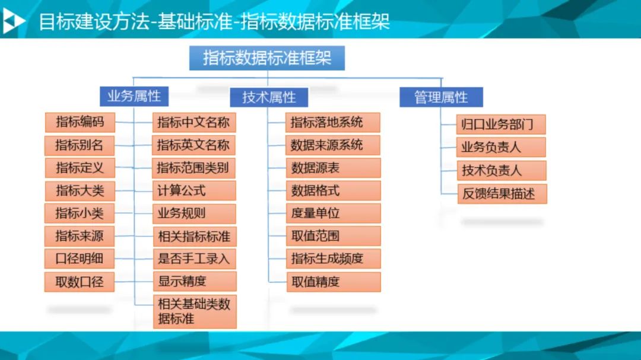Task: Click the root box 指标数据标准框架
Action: click(x=267, y=58)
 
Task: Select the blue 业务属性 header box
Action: click(x=134, y=97)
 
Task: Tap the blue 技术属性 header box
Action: click(x=269, y=97)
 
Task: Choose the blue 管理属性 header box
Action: click(x=441, y=97)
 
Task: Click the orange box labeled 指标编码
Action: click(x=80, y=122)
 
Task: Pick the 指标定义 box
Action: click(x=80, y=168)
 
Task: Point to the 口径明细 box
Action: click(x=80, y=259)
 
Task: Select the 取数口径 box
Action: click(x=80, y=282)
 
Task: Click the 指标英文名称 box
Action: click(x=193, y=145)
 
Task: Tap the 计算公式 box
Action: click(x=194, y=190)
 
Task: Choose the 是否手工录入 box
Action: click(x=195, y=259)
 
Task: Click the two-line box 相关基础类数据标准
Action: click(x=195, y=311)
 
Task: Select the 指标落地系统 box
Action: click(x=333, y=123)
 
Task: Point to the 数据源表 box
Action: click(x=333, y=168)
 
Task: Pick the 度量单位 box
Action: click(x=333, y=214)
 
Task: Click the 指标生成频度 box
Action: click(x=334, y=259)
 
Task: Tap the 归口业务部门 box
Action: click(x=501, y=124)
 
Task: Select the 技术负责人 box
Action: click(x=502, y=170)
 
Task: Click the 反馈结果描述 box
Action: click(x=502, y=194)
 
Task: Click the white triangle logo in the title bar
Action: click(x=13, y=21)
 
